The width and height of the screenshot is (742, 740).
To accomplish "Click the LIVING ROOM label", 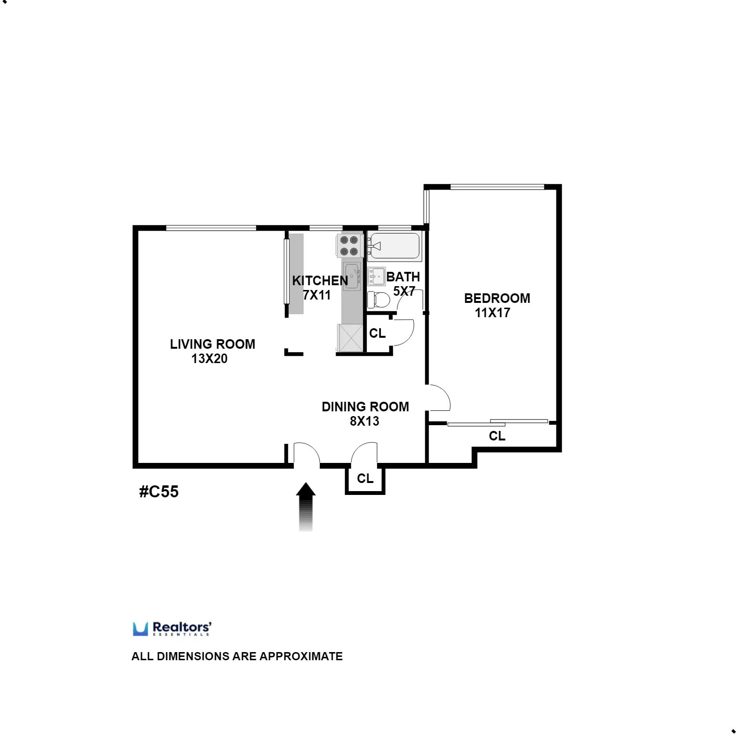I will (212, 344).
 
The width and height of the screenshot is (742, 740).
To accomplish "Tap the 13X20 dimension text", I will (209, 359).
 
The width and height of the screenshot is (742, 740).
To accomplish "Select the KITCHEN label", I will (320, 280).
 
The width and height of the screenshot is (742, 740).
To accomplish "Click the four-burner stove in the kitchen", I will (349, 246).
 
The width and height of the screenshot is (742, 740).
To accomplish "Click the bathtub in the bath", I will (395, 246).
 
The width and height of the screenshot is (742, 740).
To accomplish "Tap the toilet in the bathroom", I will (379, 300).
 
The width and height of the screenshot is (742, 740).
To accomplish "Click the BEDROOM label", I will (497, 298).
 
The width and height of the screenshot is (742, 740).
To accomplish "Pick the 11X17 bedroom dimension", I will (492, 313).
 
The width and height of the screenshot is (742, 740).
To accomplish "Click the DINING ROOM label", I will (365, 407).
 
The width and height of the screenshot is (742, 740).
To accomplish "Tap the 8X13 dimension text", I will (364, 421).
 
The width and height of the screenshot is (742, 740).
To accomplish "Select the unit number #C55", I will (159, 492).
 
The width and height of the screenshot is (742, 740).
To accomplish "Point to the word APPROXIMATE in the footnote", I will (301, 656).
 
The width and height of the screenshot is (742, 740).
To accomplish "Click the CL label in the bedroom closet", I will (497, 436).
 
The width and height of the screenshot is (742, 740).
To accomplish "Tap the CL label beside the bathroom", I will (377, 333).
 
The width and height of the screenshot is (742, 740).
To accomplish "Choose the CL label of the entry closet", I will (365, 478).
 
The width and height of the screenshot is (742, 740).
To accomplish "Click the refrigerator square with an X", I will (350, 337).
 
